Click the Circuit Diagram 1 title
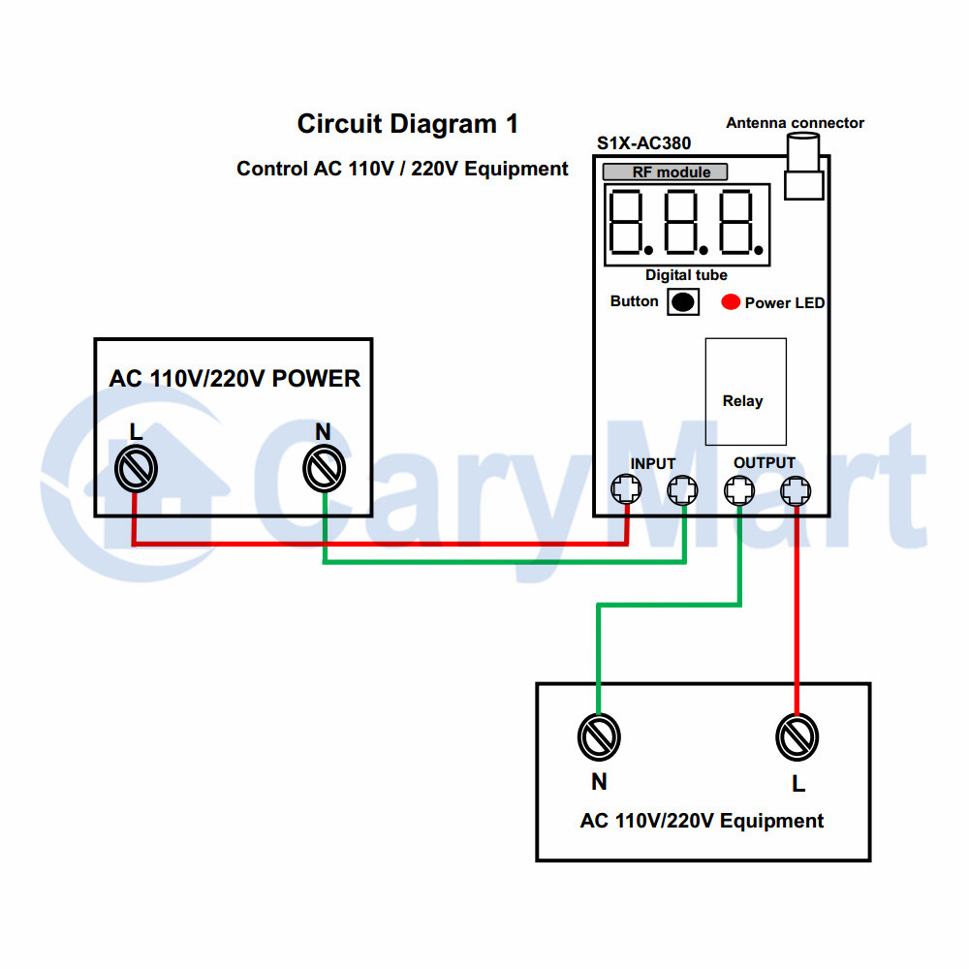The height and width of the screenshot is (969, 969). [x=407, y=124]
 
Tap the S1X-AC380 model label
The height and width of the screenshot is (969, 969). [x=643, y=143]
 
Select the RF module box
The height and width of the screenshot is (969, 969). [x=665, y=172]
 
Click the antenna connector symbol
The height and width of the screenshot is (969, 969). [x=803, y=167]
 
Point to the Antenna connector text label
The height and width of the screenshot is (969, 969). [x=795, y=123]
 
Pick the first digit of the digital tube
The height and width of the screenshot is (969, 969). [x=625, y=223]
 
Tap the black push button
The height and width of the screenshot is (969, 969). [x=683, y=302]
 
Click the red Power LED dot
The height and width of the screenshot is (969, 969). [x=731, y=301]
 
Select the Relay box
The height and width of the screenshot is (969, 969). [x=746, y=391]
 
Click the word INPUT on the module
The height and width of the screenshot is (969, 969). [x=652, y=463]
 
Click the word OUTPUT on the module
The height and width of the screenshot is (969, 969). [x=764, y=463]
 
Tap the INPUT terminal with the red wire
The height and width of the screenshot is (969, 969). [x=626, y=489]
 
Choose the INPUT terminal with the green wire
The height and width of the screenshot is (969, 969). [x=683, y=490]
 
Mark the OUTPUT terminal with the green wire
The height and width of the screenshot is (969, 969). [x=739, y=490]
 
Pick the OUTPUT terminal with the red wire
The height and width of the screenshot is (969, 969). [x=796, y=490]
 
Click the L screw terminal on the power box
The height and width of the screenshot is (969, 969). [x=136, y=469]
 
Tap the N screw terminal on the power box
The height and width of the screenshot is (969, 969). [x=324, y=469]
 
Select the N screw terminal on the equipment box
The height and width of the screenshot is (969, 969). [x=599, y=736]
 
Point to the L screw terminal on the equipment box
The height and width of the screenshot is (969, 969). [x=797, y=736]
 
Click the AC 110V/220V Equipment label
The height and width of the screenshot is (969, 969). [x=702, y=821]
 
